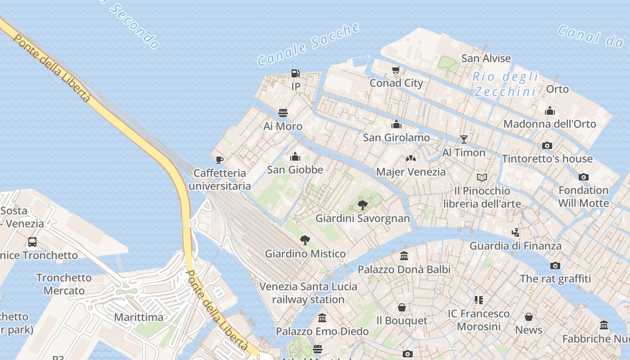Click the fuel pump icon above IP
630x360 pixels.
coord(296,73)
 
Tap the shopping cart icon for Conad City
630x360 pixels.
coord(396,70)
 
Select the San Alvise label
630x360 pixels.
coord(486,58)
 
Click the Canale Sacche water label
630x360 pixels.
coord(309,45)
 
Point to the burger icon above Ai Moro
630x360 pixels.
coord(283,112)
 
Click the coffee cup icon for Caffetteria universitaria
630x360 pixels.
coord(220,160)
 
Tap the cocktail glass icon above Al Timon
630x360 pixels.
coord(464,139)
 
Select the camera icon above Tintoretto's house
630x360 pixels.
coord(547,145)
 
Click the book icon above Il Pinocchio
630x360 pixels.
coord(482,177)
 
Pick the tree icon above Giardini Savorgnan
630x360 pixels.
coord(362,205)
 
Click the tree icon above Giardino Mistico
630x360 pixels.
coord(305,240)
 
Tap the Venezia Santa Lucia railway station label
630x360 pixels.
coord(308,293)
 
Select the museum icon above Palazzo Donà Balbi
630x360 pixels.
coord(404,256)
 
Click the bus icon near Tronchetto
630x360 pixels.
coord(32,242)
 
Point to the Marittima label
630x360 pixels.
coord(139,317)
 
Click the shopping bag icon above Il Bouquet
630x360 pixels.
coord(402,307)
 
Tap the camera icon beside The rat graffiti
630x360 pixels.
coord(555,265)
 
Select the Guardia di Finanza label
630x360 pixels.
coord(516,246)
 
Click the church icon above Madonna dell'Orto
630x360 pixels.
coord(550,111)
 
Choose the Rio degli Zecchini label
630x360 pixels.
coord(505,84)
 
